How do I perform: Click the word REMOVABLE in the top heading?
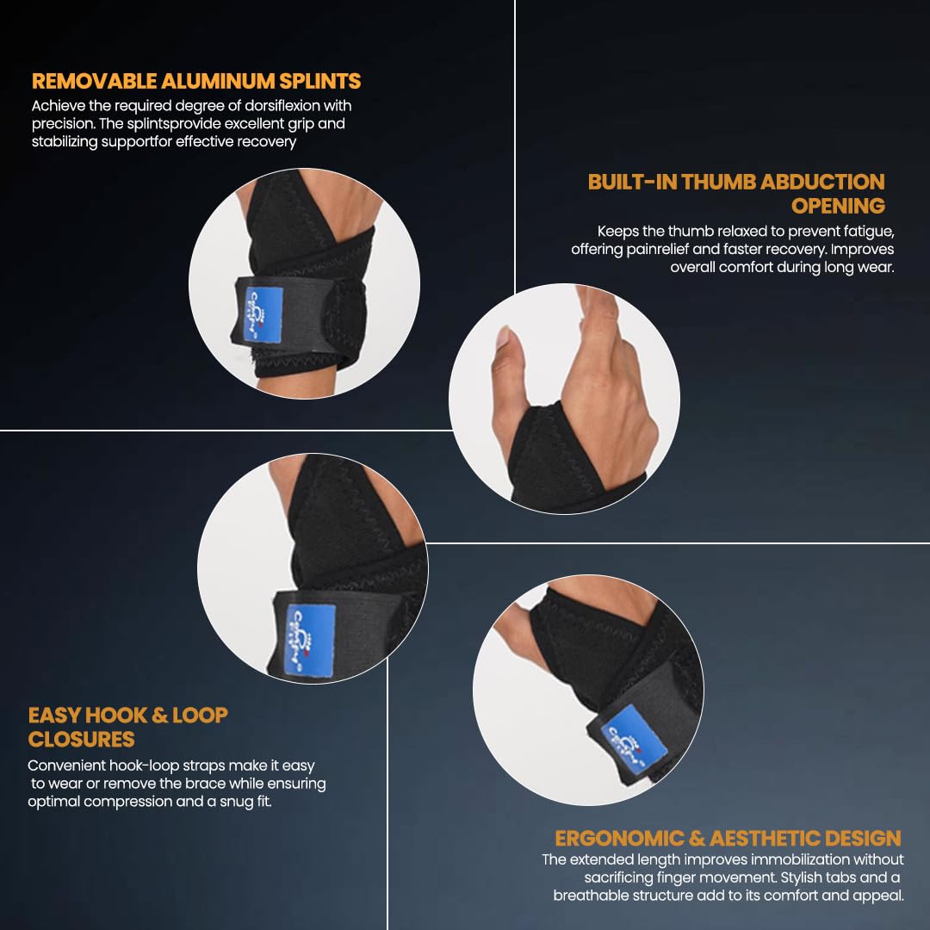[x=95, y=81]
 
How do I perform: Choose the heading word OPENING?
[x=838, y=206]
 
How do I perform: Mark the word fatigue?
[x=869, y=232]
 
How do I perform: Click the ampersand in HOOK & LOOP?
[x=159, y=716]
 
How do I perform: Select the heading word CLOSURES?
[x=81, y=740]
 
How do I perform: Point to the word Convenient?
[x=66, y=766]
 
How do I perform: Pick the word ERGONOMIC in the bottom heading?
[x=619, y=838]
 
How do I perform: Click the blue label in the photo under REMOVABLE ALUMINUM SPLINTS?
[x=263, y=314]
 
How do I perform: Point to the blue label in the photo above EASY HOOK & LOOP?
[x=310, y=641]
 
